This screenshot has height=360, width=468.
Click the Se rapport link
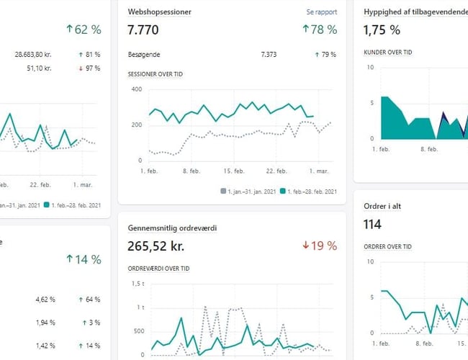321,12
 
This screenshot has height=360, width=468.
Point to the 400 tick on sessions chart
135,89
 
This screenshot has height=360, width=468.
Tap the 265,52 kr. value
156,246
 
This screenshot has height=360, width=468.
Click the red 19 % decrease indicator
320,246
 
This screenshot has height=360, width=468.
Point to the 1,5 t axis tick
136,283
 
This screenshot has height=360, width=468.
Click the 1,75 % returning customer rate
382,30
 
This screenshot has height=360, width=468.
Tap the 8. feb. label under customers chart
428,149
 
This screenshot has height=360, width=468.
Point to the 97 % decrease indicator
89,68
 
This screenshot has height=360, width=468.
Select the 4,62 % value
46,299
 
